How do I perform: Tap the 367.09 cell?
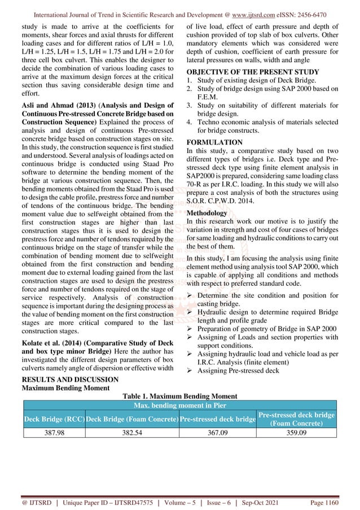pos(218,432)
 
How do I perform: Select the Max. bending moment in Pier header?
pos(179,406)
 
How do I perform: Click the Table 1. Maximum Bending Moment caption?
pos(179,396)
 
